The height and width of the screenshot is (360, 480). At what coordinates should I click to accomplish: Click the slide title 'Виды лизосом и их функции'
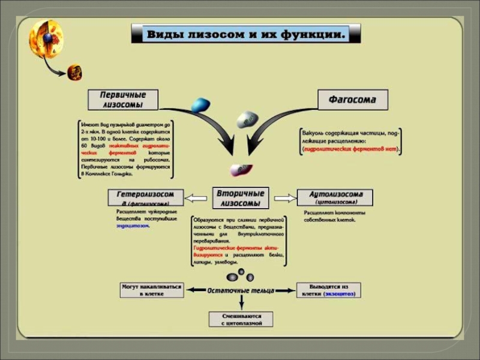(245, 34)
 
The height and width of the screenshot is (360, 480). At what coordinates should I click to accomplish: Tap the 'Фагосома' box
(352, 100)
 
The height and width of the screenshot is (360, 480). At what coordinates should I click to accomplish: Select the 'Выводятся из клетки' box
(328, 290)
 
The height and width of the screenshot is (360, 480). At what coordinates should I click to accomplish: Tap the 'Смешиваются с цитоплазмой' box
(241, 319)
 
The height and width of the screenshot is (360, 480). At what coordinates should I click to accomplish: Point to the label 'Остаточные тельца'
(241, 290)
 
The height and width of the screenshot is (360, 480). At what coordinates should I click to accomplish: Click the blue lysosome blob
(200, 105)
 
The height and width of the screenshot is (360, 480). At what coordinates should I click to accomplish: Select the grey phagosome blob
(247, 119)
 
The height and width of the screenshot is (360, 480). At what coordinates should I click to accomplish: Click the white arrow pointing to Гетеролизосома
(196, 198)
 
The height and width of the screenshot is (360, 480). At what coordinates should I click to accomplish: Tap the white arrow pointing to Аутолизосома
(286, 198)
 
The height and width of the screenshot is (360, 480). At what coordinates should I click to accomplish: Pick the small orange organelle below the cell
(74, 72)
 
